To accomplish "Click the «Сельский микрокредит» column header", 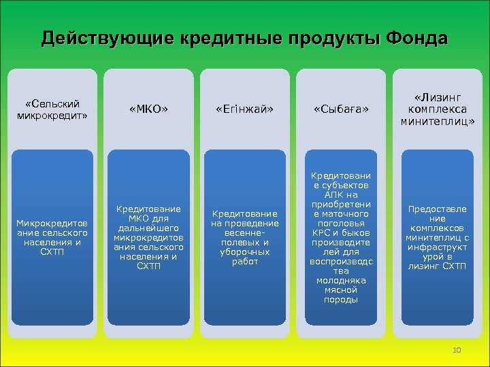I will (52, 109).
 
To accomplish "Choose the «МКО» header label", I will (148, 109).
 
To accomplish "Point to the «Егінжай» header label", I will (244, 109).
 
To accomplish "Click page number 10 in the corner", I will (456, 350).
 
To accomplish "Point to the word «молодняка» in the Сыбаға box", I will (340, 280).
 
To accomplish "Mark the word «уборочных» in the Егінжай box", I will (244, 251).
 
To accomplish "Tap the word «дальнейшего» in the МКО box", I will (148, 228).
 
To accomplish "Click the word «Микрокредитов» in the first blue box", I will (52, 223).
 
